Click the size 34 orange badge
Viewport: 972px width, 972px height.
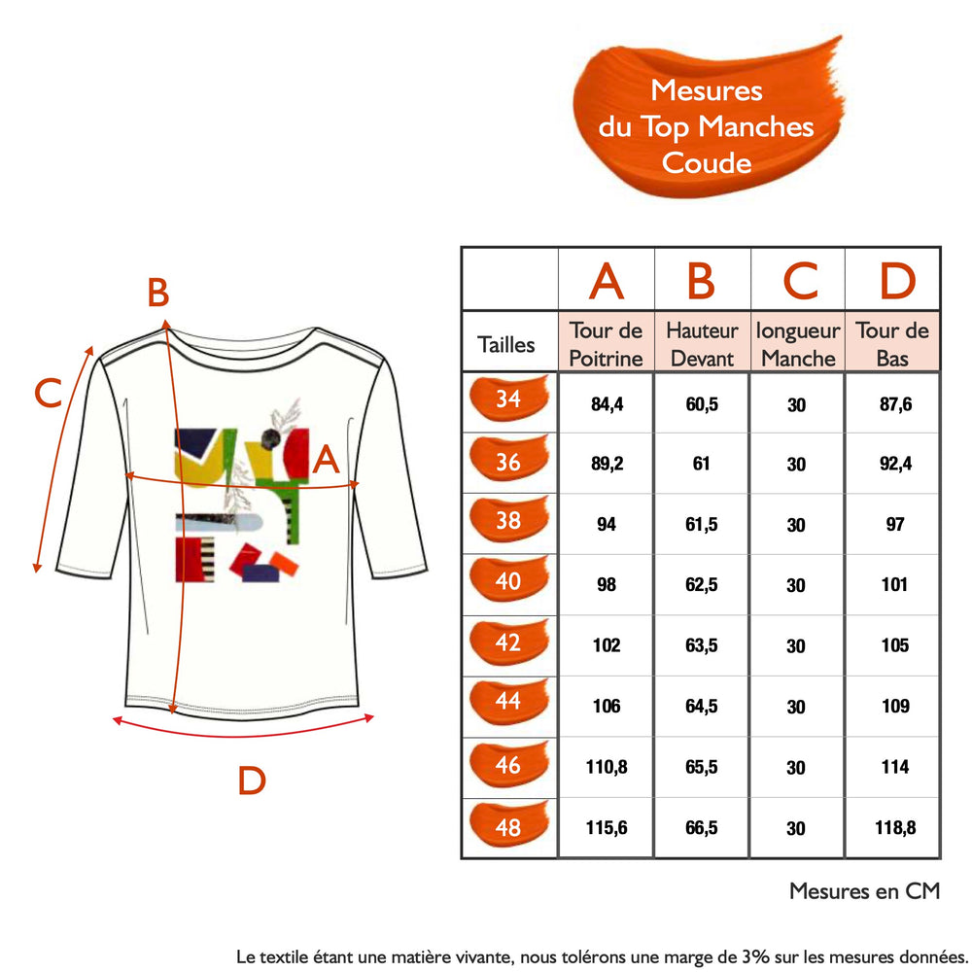click(x=509, y=398)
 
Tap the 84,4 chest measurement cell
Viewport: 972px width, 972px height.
click(x=607, y=404)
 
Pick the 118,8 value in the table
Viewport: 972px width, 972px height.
click(x=895, y=827)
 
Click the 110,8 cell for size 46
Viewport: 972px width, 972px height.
click(x=607, y=767)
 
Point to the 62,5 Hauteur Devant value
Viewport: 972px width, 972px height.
click(x=702, y=584)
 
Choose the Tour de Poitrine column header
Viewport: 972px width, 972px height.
click(x=606, y=344)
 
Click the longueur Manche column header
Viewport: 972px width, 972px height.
click(x=798, y=344)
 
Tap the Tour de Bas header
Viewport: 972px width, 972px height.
click(x=892, y=344)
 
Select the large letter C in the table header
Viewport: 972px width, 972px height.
click(x=800, y=281)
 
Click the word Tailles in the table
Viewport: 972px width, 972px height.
click(x=505, y=345)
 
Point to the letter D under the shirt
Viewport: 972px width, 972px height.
click(x=252, y=781)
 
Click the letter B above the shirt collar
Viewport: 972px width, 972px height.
click(x=158, y=293)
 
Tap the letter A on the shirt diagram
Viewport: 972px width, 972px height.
click(x=326, y=460)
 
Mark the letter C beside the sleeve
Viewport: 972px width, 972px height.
click(x=48, y=393)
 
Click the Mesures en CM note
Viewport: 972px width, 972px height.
click(x=865, y=890)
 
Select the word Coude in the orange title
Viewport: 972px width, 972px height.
click(x=706, y=163)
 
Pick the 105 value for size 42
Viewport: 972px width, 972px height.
click(x=895, y=645)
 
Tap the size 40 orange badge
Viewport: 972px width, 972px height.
click(x=509, y=581)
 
